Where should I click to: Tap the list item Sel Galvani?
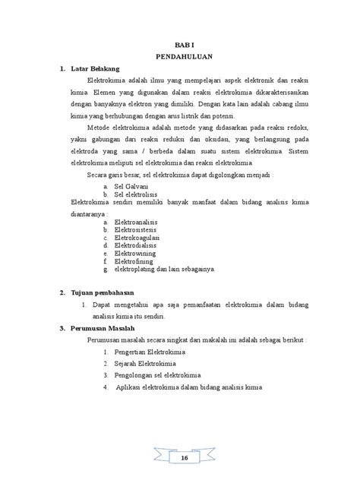coord(131,185)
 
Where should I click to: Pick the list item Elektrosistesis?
coord(137,230)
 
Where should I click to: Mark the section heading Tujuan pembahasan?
coord(102,292)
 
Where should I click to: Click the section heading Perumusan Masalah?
coord(101,328)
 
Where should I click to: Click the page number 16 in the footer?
coord(183,459)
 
